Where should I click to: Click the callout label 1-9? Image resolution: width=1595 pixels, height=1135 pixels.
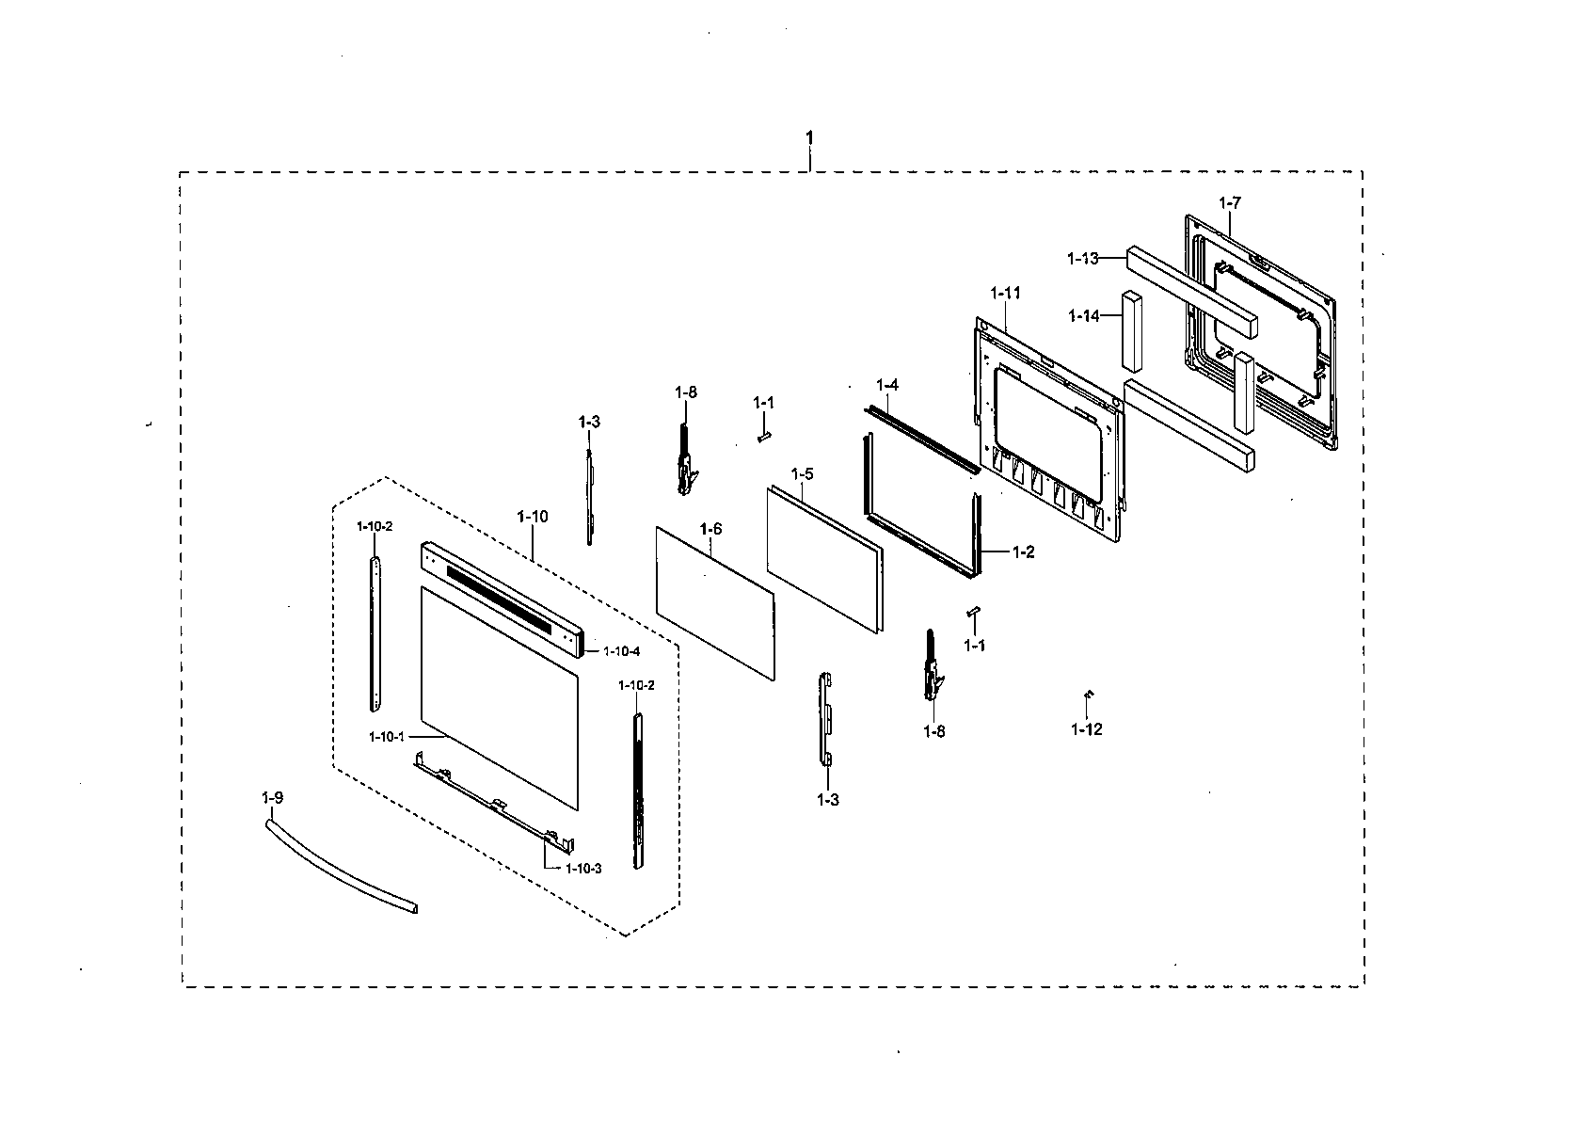pyautogui.click(x=272, y=798)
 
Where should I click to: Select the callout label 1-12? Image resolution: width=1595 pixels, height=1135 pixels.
pyautogui.click(x=1086, y=728)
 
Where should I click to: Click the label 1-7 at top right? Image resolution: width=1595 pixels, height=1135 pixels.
pyautogui.click(x=1229, y=203)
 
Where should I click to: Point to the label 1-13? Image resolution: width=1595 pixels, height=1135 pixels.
pyautogui.click(x=1082, y=258)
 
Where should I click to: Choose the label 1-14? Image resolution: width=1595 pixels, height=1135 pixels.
pyautogui.click(x=1083, y=316)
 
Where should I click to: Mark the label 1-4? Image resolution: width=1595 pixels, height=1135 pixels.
pyautogui.click(x=886, y=385)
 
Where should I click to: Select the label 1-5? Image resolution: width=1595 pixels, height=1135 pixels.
pyautogui.click(x=801, y=473)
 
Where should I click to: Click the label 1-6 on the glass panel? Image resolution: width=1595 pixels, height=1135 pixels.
pyautogui.click(x=710, y=530)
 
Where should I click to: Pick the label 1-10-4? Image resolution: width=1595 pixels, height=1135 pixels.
pyautogui.click(x=621, y=651)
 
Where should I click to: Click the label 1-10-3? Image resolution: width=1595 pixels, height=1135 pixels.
pyautogui.click(x=582, y=869)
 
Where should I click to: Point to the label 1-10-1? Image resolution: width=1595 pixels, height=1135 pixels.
pyautogui.click(x=387, y=736)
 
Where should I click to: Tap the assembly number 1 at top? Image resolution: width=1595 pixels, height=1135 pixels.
pyautogui.click(x=809, y=138)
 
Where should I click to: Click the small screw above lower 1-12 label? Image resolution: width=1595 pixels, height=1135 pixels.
pyautogui.click(x=1088, y=695)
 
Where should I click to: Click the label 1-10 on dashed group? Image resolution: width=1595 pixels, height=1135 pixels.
pyautogui.click(x=532, y=517)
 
